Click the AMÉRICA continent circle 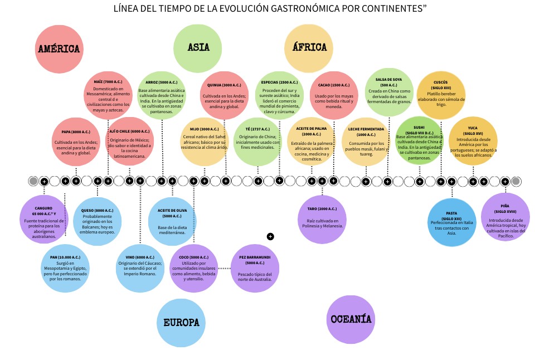click(x=59, y=49)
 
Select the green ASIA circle click(x=198, y=48)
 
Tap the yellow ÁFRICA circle click(x=309, y=48)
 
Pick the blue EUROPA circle click(x=181, y=322)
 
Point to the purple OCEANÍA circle click(x=351, y=319)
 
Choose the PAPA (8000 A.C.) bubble click(x=76, y=141)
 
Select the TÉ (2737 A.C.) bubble click(x=258, y=141)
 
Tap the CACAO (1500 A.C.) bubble click(x=334, y=95)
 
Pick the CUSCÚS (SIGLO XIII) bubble click(x=441, y=95)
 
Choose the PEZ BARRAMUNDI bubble click(x=255, y=269)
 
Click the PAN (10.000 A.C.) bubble click(x=65, y=269)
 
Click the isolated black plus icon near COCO click(x=270, y=236)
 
